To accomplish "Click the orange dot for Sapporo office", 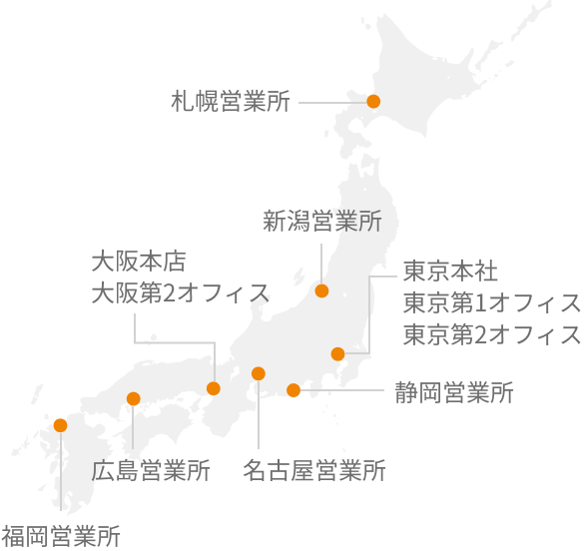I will point(373,101).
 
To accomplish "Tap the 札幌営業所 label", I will point(231,101).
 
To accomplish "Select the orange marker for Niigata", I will point(321,290).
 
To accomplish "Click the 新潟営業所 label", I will point(322,221).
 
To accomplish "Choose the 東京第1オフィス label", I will point(492,302).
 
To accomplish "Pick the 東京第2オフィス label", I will point(492,334).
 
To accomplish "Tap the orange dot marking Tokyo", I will point(337,352).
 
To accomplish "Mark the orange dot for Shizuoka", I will point(292,389).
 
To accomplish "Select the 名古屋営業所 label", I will point(314,470).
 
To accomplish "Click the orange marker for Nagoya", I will point(259,373).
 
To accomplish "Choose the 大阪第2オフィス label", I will point(180,292).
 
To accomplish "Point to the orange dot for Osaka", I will point(213,388).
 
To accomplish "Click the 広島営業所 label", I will point(151,470).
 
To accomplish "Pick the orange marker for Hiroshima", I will point(133,399).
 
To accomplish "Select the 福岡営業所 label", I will point(61,535).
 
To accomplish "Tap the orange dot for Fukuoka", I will point(60,424).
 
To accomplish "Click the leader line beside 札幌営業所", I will point(329,101).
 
